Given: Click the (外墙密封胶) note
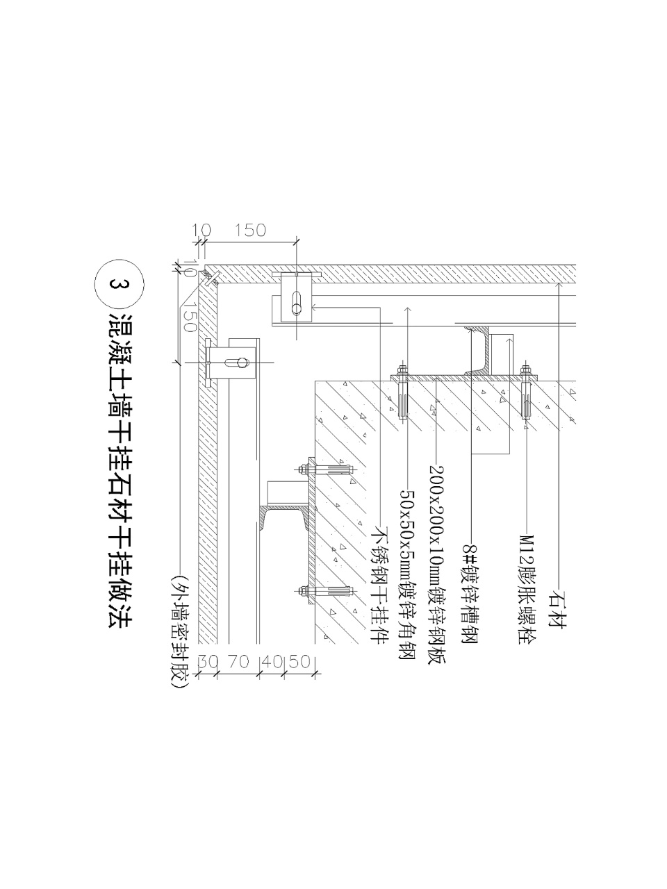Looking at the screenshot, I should coord(179,631).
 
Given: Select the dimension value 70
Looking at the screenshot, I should coord(238,661).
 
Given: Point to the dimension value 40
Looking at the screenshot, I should coord(273,661).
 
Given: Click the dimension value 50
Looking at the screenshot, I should coord(299,661).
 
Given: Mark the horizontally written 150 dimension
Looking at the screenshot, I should coord(250,230).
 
